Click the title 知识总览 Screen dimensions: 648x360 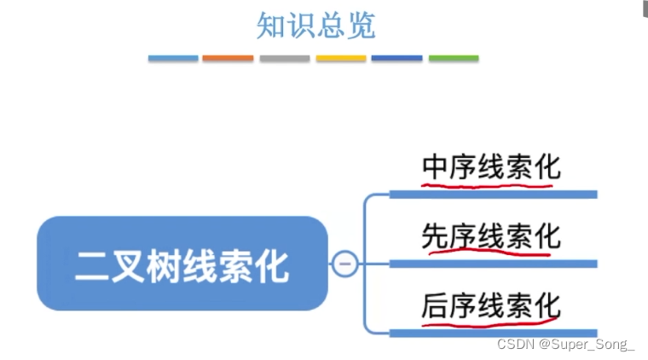(x=315, y=26)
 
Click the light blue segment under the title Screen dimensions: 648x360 (x=173, y=59)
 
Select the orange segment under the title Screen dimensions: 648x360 (x=228, y=59)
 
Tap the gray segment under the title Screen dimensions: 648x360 (x=285, y=59)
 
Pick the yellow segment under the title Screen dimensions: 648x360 (x=341, y=59)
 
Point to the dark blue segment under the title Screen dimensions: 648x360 (x=396, y=59)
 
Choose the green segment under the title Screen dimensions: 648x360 (x=453, y=59)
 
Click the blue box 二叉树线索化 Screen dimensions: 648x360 (x=182, y=264)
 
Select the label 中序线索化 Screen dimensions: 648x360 (x=491, y=165)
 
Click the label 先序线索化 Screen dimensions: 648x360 (x=491, y=235)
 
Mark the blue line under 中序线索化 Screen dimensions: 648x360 (x=493, y=195)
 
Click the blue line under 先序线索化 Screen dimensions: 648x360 (x=493, y=264)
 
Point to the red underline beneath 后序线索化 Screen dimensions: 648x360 (x=490, y=319)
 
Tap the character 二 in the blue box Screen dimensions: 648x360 (x=90, y=265)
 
